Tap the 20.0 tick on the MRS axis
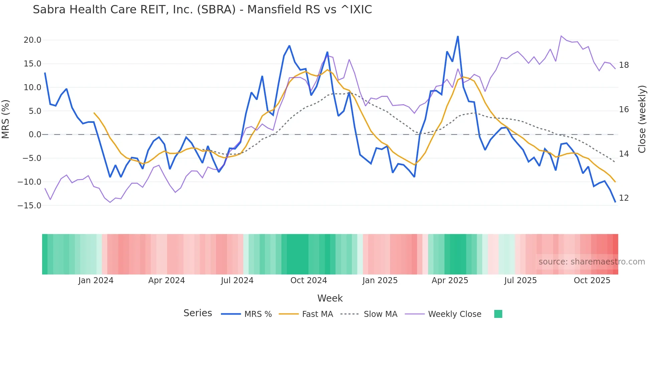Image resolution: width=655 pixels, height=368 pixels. coord(32,40)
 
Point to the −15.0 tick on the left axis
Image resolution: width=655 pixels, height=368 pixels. coord(29,206)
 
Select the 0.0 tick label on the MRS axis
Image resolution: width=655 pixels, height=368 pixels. coord(35,135)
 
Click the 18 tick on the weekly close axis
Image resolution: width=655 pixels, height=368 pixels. coord(624,65)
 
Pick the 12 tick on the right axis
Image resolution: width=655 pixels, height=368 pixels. coord(624,198)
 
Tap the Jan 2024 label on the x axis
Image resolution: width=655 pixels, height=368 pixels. coord(96,281)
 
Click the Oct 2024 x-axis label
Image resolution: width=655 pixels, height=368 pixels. coord(308,281)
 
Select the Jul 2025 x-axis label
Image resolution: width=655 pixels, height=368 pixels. coord(520,281)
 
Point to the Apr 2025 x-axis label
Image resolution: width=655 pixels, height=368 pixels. coord(450,281)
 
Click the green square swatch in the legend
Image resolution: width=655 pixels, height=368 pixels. coord(498,314)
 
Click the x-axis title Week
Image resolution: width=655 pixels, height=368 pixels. coord(330,298)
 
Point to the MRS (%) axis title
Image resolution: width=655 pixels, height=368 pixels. coord(6,119)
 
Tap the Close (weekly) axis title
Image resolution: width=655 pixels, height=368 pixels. coord(642,119)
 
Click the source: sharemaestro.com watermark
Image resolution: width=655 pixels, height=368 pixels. coord(592,262)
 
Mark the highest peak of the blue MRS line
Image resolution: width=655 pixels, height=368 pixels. coord(458,36)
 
